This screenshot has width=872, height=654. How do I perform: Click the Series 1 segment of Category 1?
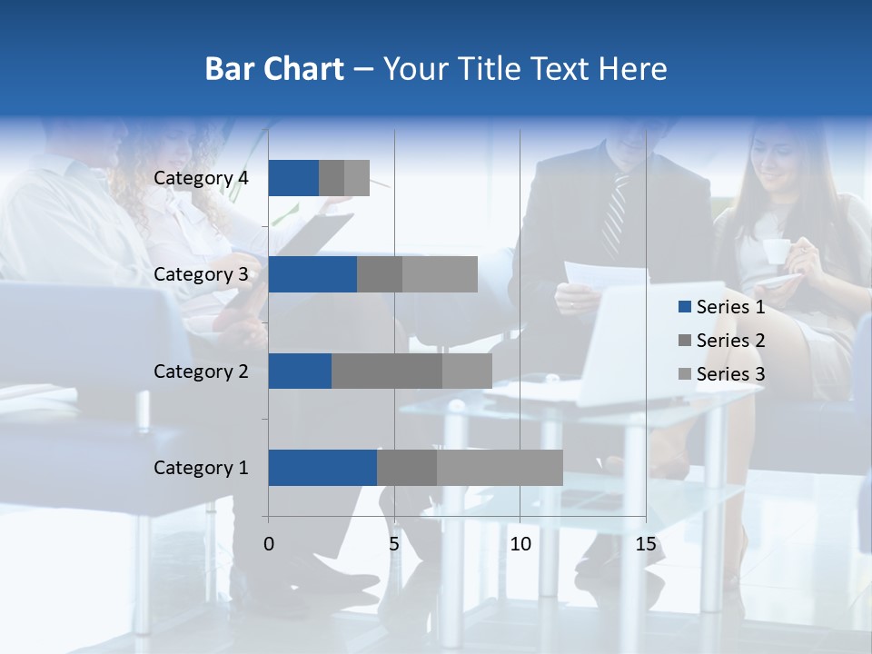(x=322, y=467)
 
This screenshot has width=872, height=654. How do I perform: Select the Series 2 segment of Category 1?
(x=407, y=467)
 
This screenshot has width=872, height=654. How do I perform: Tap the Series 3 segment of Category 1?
(x=500, y=467)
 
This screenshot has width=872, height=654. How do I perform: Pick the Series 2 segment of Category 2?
(x=387, y=371)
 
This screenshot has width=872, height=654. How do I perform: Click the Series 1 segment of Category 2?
(x=300, y=371)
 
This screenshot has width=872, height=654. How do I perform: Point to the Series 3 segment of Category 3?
(x=440, y=274)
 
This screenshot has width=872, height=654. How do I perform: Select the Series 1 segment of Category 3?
(x=312, y=274)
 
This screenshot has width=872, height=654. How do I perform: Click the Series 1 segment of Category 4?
(x=293, y=178)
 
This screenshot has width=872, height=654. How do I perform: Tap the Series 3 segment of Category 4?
(x=357, y=178)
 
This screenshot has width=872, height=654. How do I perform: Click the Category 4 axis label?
(x=201, y=178)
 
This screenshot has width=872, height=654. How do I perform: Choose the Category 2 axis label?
(x=201, y=371)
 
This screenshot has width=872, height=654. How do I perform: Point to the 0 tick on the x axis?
(x=269, y=544)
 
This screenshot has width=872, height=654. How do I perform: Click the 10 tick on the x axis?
(x=520, y=544)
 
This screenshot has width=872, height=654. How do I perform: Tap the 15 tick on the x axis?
(x=645, y=544)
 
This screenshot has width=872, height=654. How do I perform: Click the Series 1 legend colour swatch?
(x=684, y=307)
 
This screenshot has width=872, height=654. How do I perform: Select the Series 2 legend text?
(x=730, y=341)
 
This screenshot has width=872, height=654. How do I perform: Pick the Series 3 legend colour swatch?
(x=684, y=374)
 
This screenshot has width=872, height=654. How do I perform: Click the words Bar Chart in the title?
(x=274, y=69)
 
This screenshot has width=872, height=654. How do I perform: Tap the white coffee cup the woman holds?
(x=775, y=252)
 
